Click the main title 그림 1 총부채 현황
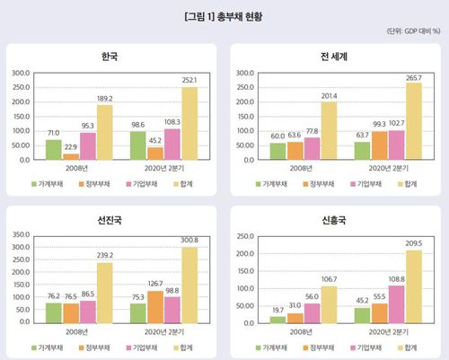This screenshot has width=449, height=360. [224, 16]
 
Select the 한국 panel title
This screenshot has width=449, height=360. [110, 57]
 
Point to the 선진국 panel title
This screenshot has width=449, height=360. [110, 222]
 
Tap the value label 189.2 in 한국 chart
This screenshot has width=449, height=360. [104, 99]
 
